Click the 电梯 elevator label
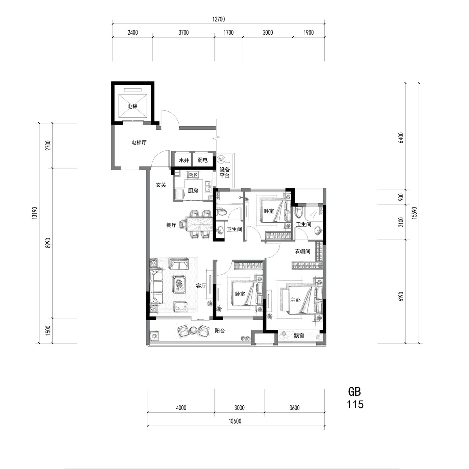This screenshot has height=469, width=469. pyautogui.click(x=132, y=106)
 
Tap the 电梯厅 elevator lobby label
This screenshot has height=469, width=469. pyautogui.click(x=139, y=142)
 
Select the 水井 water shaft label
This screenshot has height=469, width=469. pyautogui.click(x=184, y=160)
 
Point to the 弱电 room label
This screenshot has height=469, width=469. pyautogui.click(x=202, y=160)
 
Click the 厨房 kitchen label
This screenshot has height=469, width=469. pyautogui.click(x=193, y=191)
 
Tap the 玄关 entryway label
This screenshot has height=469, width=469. pyautogui.click(x=161, y=185)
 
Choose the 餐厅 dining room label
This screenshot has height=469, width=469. pyautogui.click(x=171, y=225)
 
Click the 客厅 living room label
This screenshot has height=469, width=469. pyautogui.click(x=201, y=286)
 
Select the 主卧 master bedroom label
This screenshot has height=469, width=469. pyautogui.click(x=295, y=300)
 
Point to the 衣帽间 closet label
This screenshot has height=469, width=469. pyautogui.click(x=303, y=251)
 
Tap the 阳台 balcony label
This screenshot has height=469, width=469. pyautogui.click(x=220, y=331)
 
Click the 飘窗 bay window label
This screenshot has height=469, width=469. pyautogui.click(x=299, y=336)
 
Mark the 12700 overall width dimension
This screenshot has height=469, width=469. pyautogui.click(x=218, y=19)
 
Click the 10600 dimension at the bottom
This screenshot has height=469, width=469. pyautogui.click(x=235, y=421)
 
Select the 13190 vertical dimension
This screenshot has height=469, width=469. pyautogui.click(x=34, y=213)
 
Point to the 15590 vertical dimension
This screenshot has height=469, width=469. pyautogui.click(x=414, y=213)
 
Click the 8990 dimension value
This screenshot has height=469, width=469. pyautogui.click(x=48, y=243)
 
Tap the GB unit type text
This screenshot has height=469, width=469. pyautogui.click(x=354, y=392)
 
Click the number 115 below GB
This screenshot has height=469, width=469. pyautogui.click(x=355, y=404)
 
